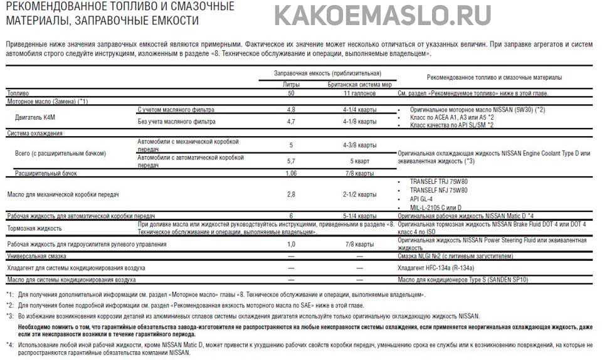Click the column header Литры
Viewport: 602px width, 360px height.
[291, 83]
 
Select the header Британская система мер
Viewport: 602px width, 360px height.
[359, 83]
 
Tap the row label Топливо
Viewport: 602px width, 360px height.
[18, 93]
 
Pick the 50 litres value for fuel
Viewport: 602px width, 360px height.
[291, 93]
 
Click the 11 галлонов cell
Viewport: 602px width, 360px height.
[359, 93]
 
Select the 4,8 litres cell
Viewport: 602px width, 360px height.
[291, 110]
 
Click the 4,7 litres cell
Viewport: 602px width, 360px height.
[291, 122]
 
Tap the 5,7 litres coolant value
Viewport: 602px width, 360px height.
[291, 161]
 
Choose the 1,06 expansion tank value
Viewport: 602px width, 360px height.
[291, 172]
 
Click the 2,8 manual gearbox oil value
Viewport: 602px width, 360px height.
[291, 194]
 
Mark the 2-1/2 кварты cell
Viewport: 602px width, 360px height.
[359, 194]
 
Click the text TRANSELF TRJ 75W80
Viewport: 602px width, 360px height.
[438, 181]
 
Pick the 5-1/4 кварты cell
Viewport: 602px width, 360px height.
[359, 215]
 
